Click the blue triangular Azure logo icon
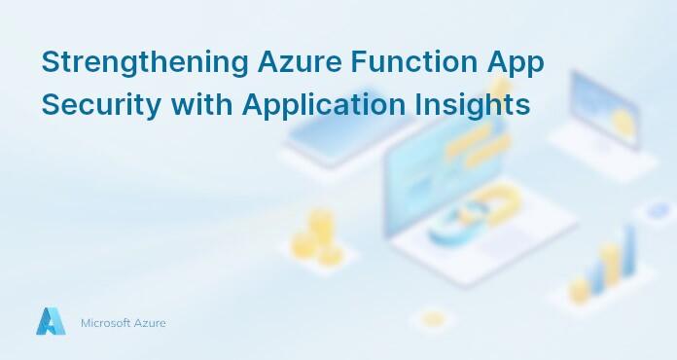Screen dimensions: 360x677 pos(50,321)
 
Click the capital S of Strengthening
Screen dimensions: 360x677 pos(49,62)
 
